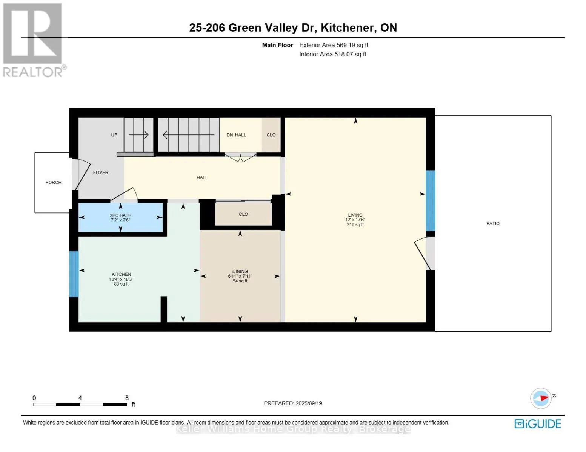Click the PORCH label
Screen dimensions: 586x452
[x=54, y=183]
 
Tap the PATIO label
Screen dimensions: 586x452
[x=493, y=223]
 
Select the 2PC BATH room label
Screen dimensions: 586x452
[x=120, y=215]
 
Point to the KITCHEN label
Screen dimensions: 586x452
[x=122, y=274]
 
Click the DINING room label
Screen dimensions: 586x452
[x=240, y=271]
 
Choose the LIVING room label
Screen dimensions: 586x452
[x=355, y=215]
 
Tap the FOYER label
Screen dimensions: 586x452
[x=101, y=173]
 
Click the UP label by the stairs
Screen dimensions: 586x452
[x=114, y=135]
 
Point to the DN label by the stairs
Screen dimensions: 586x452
[x=230, y=135]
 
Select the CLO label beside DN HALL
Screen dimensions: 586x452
[x=271, y=135]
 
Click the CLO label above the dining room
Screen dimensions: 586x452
[x=243, y=214]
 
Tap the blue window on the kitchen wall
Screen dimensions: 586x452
[x=74, y=274]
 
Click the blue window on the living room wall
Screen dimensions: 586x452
[x=431, y=200]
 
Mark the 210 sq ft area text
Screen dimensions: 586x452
[x=355, y=224]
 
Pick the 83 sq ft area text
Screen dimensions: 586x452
[x=122, y=284]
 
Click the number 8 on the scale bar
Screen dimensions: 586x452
[x=127, y=398]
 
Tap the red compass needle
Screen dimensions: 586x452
[x=544, y=398]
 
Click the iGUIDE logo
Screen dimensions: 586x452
[x=538, y=424]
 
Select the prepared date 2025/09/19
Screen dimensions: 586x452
[x=309, y=403]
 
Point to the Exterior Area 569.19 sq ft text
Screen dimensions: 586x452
[x=334, y=45]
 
